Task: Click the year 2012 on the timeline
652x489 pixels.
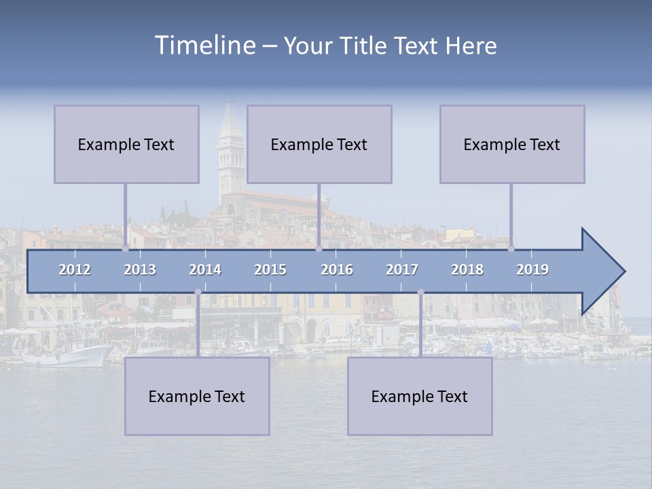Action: pyautogui.click(x=75, y=270)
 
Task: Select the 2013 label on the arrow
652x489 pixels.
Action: pyautogui.click(x=140, y=270)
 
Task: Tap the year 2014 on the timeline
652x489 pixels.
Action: pyautogui.click(x=205, y=270)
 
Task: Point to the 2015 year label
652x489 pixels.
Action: pyautogui.click(x=270, y=270)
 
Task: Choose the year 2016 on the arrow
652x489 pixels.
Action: pyautogui.click(x=337, y=270)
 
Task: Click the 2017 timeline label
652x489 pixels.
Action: pyautogui.click(x=402, y=270)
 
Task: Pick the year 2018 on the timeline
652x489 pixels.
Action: pyautogui.click(x=467, y=270)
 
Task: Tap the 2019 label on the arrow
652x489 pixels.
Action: pyautogui.click(x=532, y=270)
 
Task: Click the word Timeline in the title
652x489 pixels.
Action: pyautogui.click(x=204, y=46)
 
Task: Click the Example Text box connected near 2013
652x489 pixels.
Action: pyautogui.click(x=126, y=144)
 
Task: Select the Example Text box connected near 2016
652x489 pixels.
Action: pyautogui.click(x=319, y=144)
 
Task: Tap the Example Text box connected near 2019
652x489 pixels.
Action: pyautogui.click(x=512, y=144)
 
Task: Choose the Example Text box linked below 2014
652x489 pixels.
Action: pyautogui.click(x=197, y=396)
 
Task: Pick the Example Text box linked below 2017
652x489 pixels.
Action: pyautogui.click(x=420, y=396)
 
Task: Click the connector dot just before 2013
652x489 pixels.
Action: pyautogui.click(x=125, y=249)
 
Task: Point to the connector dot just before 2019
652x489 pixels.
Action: pyautogui.click(x=511, y=249)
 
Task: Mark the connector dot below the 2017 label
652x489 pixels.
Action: pyautogui.click(x=420, y=292)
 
